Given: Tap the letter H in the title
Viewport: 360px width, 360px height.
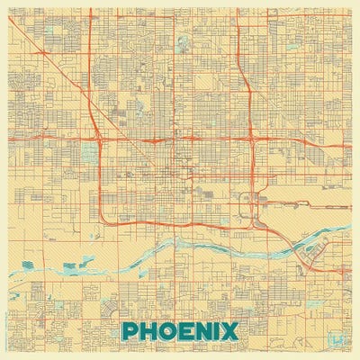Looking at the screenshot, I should [149, 331].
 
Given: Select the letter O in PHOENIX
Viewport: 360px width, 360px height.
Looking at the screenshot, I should [170, 331].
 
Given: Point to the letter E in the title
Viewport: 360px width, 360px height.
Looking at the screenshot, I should [189, 331].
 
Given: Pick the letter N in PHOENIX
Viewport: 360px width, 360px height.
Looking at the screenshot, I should [207, 331].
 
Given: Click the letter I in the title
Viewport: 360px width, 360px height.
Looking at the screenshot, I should [221, 331].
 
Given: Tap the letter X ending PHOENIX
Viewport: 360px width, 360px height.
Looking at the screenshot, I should [234, 331].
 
